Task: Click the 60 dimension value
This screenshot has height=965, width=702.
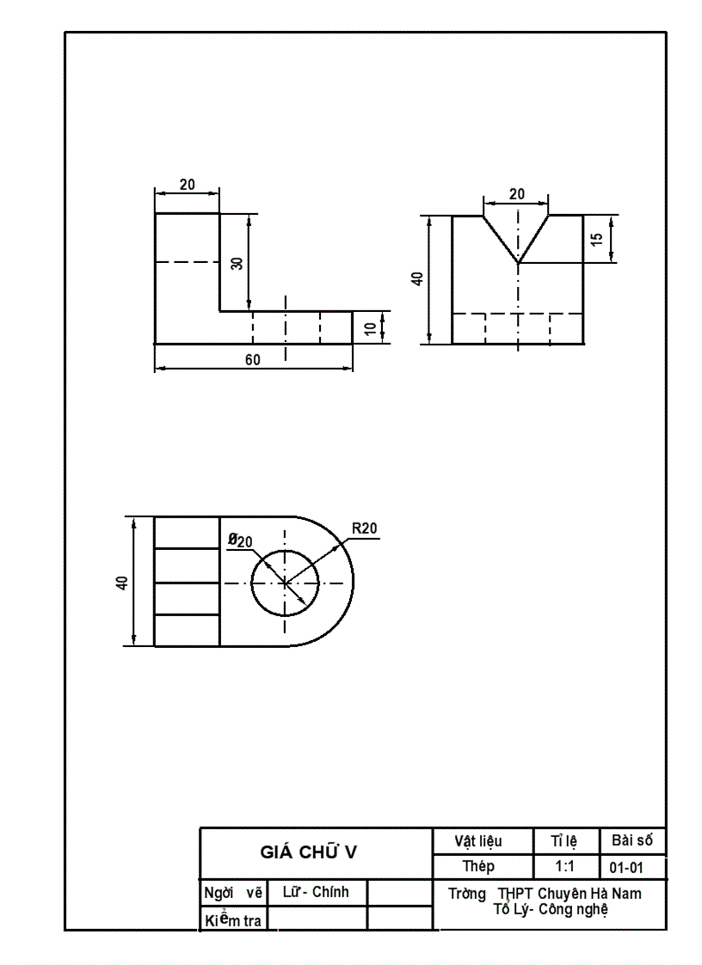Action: (253, 360)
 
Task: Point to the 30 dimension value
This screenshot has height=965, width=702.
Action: (237, 263)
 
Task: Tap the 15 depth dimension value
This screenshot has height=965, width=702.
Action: (597, 238)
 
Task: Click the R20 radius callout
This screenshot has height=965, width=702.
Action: (365, 528)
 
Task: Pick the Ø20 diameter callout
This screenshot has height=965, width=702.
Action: (240, 541)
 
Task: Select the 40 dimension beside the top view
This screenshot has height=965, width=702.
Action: (122, 582)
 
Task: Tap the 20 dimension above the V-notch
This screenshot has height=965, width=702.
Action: (516, 194)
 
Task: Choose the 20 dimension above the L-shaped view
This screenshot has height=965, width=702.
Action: (187, 185)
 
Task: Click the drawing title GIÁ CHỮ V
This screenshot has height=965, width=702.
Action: (309, 852)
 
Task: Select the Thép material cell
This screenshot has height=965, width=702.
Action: (478, 866)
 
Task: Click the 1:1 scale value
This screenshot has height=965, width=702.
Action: (565, 867)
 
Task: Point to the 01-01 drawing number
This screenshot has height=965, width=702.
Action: (625, 867)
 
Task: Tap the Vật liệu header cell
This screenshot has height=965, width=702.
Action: (478, 841)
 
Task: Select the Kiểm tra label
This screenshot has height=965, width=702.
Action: (234, 920)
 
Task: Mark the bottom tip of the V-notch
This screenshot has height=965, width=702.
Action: (518, 262)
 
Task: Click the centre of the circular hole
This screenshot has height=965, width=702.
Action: (285, 583)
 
